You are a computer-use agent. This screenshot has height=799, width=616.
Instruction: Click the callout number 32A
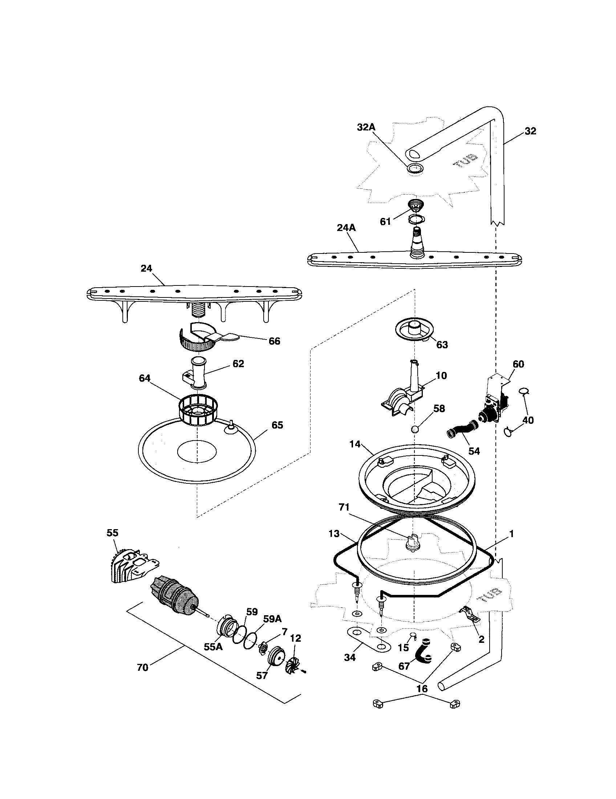366,128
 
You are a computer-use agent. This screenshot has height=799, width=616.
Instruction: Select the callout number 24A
346,228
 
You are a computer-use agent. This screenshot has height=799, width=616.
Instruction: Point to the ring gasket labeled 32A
415,169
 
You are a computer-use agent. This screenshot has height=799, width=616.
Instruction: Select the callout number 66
274,341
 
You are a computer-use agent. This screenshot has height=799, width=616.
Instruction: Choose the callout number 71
344,507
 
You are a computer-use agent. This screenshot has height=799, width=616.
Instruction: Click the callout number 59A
272,619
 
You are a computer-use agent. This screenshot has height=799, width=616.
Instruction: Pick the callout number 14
355,444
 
